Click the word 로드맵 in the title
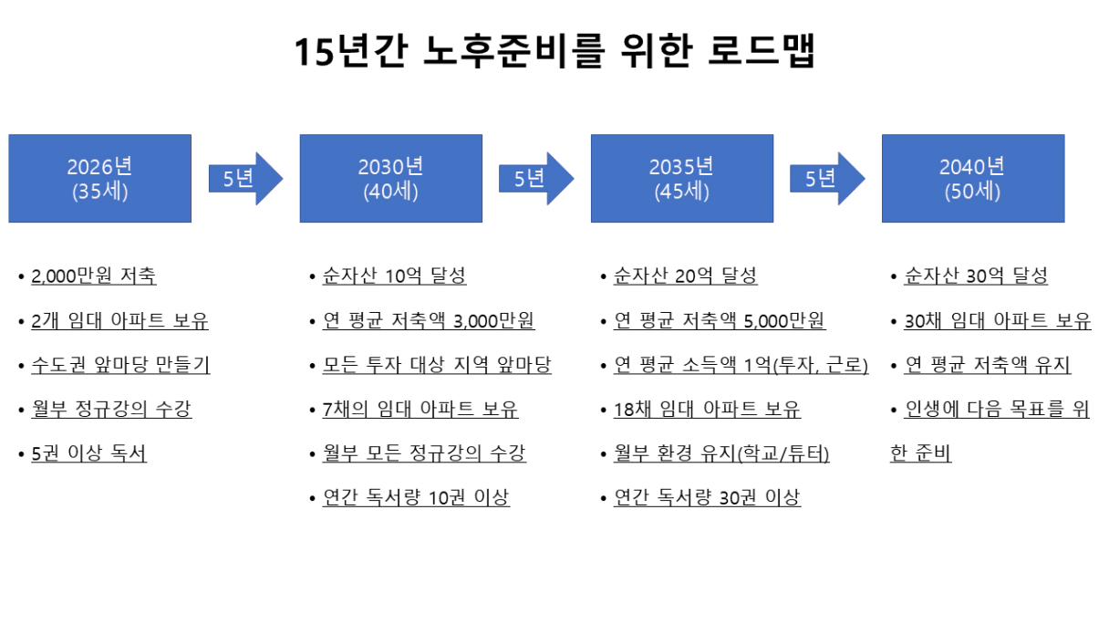tap(762, 50)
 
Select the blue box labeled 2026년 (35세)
tap(100, 178)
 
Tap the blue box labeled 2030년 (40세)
tap(391, 178)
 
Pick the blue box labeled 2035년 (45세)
tap(682, 178)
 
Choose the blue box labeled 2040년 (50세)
tap(973, 178)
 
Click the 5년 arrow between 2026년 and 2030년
tap(245, 179)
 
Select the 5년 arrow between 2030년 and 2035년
tap(536, 179)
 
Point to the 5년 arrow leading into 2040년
tap(827, 179)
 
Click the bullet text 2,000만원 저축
tap(94, 276)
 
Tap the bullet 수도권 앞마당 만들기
tap(120, 365)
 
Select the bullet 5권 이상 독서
tap(89, 453)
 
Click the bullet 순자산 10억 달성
tap(395, 276)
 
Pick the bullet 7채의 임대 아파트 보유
tap(420, 410)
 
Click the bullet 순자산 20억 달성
tap(686, 276)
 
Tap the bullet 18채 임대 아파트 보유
tap(707, 410)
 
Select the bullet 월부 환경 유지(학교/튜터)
tap(721, 453)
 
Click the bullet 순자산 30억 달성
tap(977, 276)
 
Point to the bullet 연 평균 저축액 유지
tap(988, 365)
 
